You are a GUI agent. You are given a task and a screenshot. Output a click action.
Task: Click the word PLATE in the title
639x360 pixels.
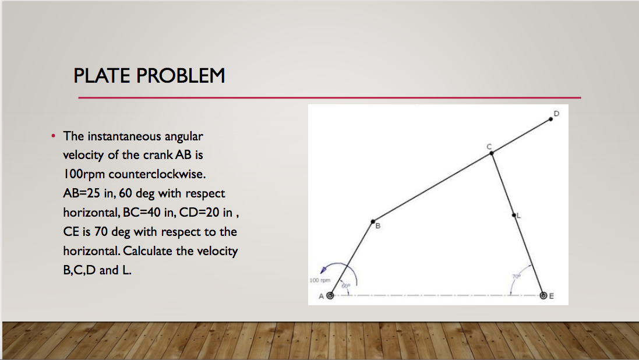tap(101, 76)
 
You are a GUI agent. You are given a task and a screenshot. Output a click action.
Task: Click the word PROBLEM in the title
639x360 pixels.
tap(181, 76)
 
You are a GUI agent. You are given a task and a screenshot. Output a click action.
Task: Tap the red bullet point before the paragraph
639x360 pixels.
tap(54, 136)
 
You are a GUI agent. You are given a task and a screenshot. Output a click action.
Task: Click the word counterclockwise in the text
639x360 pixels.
tap(157, 174)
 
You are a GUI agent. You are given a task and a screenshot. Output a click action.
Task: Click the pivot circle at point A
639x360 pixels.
tap(330, 295)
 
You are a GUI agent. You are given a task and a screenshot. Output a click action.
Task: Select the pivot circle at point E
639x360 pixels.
tap(543, 295)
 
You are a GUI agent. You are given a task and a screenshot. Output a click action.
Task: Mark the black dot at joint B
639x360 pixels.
tap(373, 221)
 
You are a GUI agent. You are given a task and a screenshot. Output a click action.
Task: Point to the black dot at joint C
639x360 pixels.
tap(492, 153)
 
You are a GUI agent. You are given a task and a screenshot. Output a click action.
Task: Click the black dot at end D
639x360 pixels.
tap(551, 119)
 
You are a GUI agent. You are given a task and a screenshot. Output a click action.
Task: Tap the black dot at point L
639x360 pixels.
tap(514, 215)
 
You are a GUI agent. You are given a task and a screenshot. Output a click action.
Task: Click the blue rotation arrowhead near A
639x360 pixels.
tap(323, 270)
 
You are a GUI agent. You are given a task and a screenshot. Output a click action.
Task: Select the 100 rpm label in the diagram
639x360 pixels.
tap(320, 281)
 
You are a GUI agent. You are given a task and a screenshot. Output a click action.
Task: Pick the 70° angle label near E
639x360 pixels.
tap(516, 277)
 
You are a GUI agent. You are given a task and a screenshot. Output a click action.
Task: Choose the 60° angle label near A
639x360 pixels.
tap(345, 286)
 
